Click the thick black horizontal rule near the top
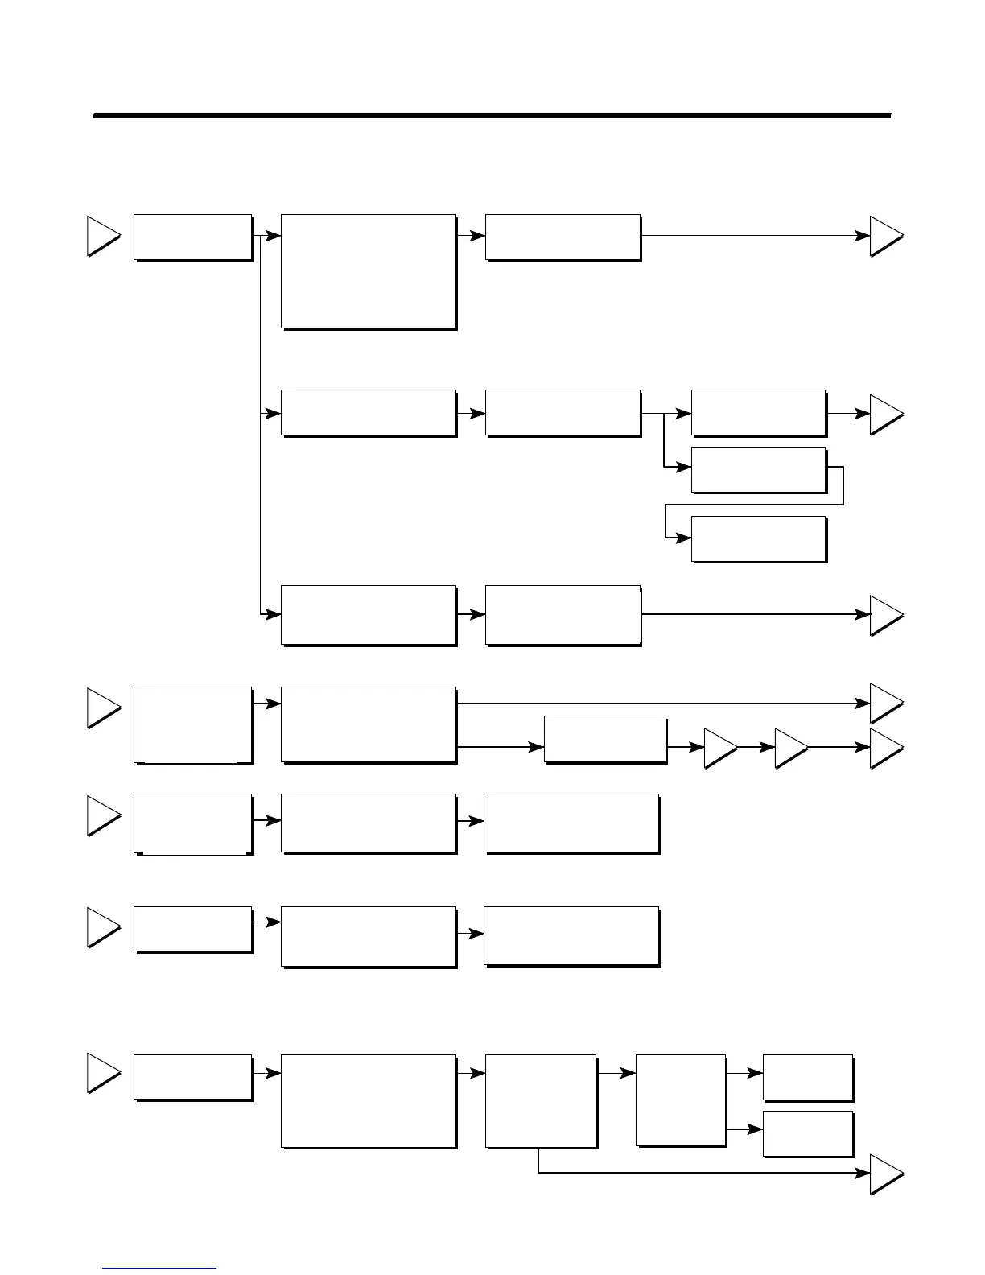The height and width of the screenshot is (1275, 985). click(x=492, y=116)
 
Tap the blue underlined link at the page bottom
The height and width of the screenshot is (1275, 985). click(x=159, y=1268)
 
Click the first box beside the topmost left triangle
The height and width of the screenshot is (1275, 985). click(x=192, y=237)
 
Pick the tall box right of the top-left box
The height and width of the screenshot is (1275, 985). click(x=369, y=271)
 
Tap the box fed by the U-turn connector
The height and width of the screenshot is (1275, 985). click(x=758, y=538)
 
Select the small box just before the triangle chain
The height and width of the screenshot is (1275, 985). click(x=605, y=738)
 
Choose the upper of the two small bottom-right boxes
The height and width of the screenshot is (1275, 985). click(x=807, y=1077)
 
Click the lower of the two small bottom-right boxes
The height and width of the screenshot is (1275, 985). click(x=807, y=1133)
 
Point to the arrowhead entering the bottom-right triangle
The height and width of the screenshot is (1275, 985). click(x=863, y=1174)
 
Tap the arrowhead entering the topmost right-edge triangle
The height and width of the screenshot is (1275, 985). click(x=863, y=236)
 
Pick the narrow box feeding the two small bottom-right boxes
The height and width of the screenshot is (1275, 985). click(x=680, y=1100)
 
